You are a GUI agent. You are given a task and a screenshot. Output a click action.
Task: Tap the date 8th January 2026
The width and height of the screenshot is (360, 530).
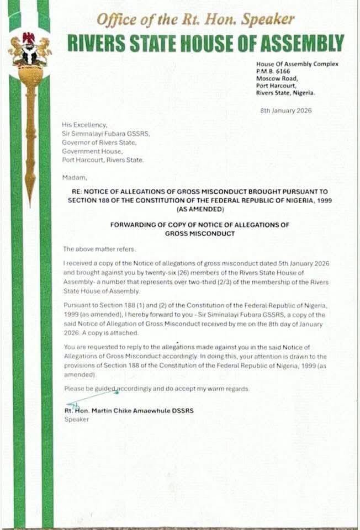click(x=286, y=110)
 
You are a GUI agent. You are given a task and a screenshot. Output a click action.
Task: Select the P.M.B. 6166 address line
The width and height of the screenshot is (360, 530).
click(x=273, y=71)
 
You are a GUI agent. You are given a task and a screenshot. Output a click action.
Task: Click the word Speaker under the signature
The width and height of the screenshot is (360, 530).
click(x=76, y=419)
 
